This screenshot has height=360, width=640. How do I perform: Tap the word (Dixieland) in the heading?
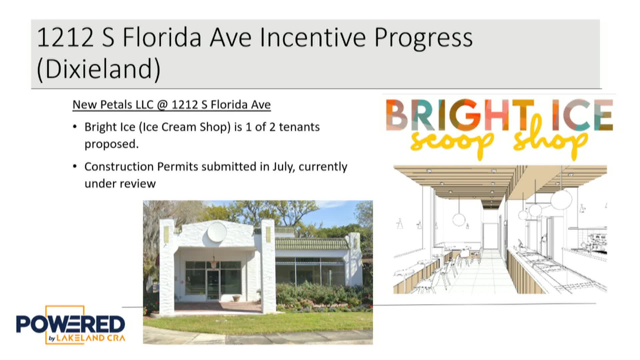click(x=99, y=69)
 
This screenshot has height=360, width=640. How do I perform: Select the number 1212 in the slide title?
click(x=65, y=37)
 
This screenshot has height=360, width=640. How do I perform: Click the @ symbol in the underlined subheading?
click(x=162, y=105)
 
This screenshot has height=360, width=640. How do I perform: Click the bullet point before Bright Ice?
click(x=75, y=127)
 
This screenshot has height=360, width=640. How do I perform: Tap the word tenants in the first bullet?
click(x=299, y=127)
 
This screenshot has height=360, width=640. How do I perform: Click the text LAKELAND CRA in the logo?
click(x=91, y=338)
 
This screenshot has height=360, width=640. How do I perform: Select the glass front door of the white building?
click(x=213, y=285)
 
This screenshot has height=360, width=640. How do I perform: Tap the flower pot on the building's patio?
click(x=236, y=298)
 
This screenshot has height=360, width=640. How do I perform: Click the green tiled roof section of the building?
click(x=310, y=244)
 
